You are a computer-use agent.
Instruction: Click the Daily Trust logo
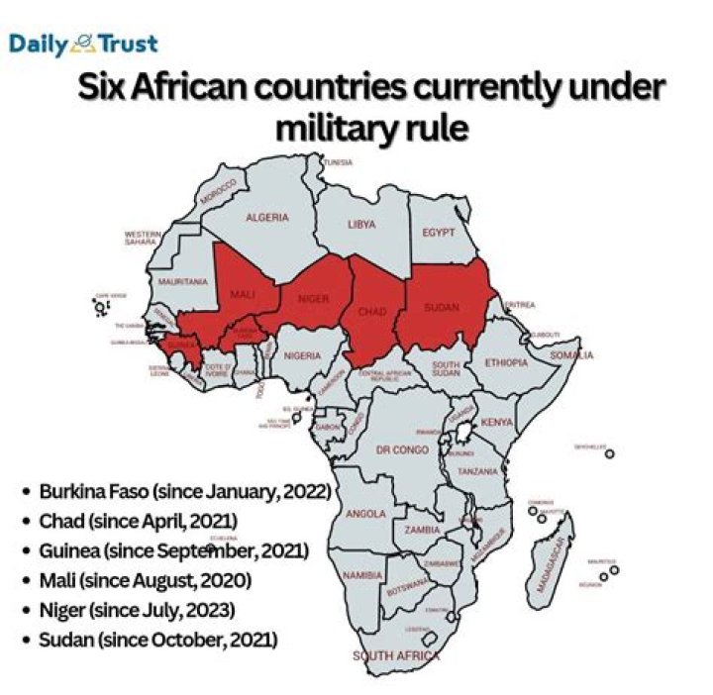tap(83, 44)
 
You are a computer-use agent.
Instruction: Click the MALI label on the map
tap(243, 295)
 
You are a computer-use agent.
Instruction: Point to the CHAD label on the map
tap(371, 311)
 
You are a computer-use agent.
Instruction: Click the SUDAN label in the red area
tap(441, 307)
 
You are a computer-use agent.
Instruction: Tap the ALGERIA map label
tap(267, 217)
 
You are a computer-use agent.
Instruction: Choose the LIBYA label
tap(361, 225)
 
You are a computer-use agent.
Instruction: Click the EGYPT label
tap(438, 233)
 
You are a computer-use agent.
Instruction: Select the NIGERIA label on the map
tap(303, 355)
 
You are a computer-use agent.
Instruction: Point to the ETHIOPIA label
tap(506, 362)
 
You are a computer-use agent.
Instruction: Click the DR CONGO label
tap(402, 449)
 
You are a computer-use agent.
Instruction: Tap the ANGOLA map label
tap(366, 513)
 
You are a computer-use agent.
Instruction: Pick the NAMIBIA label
tap(362, 575)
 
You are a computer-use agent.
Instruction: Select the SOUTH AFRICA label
tap(396, 655)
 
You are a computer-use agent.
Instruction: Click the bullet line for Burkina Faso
tap(184, 491)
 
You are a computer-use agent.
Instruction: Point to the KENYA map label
tap(496, 423)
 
